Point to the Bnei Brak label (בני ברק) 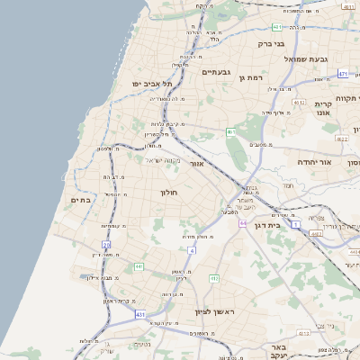[271, 42]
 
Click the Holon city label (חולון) [170, 193]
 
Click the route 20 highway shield [106, 244]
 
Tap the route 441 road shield [139, 266]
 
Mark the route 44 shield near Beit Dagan [243, 222]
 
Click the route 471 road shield [343, 74]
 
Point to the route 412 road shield [214, 279]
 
